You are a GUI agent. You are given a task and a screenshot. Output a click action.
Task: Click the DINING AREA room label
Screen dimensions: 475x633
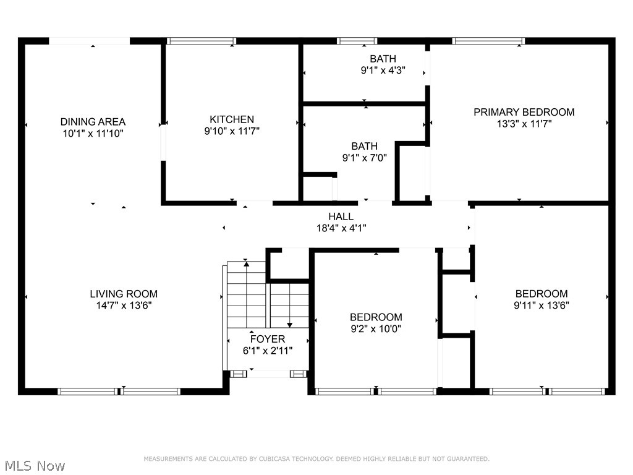click(x=93, y=122)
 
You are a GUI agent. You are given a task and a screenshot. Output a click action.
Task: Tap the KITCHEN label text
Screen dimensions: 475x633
click(x=232, y=119)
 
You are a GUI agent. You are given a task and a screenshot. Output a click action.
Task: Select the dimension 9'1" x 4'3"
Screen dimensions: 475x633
click(x=383, y=71)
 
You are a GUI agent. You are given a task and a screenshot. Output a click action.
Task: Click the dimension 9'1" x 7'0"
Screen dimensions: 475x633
click(x=364, y=158)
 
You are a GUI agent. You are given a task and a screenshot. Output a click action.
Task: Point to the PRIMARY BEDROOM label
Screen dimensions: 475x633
click(x=524, y=112)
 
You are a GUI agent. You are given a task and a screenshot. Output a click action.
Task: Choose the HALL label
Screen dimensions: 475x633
click(x=341, y=216)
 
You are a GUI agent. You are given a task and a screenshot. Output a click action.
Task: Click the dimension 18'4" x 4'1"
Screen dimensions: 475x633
click(x=341, y=228)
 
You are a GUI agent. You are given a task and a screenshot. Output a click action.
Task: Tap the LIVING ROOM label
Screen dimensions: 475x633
click(x=124, y=294)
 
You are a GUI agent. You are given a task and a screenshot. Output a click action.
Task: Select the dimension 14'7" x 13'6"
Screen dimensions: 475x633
click(x=124, y=305)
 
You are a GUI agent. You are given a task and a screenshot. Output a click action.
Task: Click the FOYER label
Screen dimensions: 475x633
click(x=267, y=339)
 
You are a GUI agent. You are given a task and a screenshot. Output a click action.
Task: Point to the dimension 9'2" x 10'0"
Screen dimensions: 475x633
click(x=376, y=329)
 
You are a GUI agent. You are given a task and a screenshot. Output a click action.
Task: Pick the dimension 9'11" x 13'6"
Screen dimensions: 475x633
click(x=542, y=305)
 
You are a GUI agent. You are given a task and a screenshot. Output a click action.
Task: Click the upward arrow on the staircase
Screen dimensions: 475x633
click(x=247, y=265)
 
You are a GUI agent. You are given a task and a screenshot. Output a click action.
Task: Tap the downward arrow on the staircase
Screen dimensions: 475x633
click(x=290, y=323)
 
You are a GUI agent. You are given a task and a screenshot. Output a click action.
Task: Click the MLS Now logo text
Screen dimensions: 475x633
click(x=34, y=466)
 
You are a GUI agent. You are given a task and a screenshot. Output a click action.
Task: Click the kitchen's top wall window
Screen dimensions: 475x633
click(x=202, y=41)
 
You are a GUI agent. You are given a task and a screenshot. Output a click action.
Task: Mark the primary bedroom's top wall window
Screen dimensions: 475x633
click(x=488, y=41)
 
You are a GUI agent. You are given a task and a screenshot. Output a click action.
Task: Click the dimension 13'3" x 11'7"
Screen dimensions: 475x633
click(x=524, y=123)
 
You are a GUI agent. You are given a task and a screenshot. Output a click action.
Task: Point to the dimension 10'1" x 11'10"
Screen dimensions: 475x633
click(x=93, y=133)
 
